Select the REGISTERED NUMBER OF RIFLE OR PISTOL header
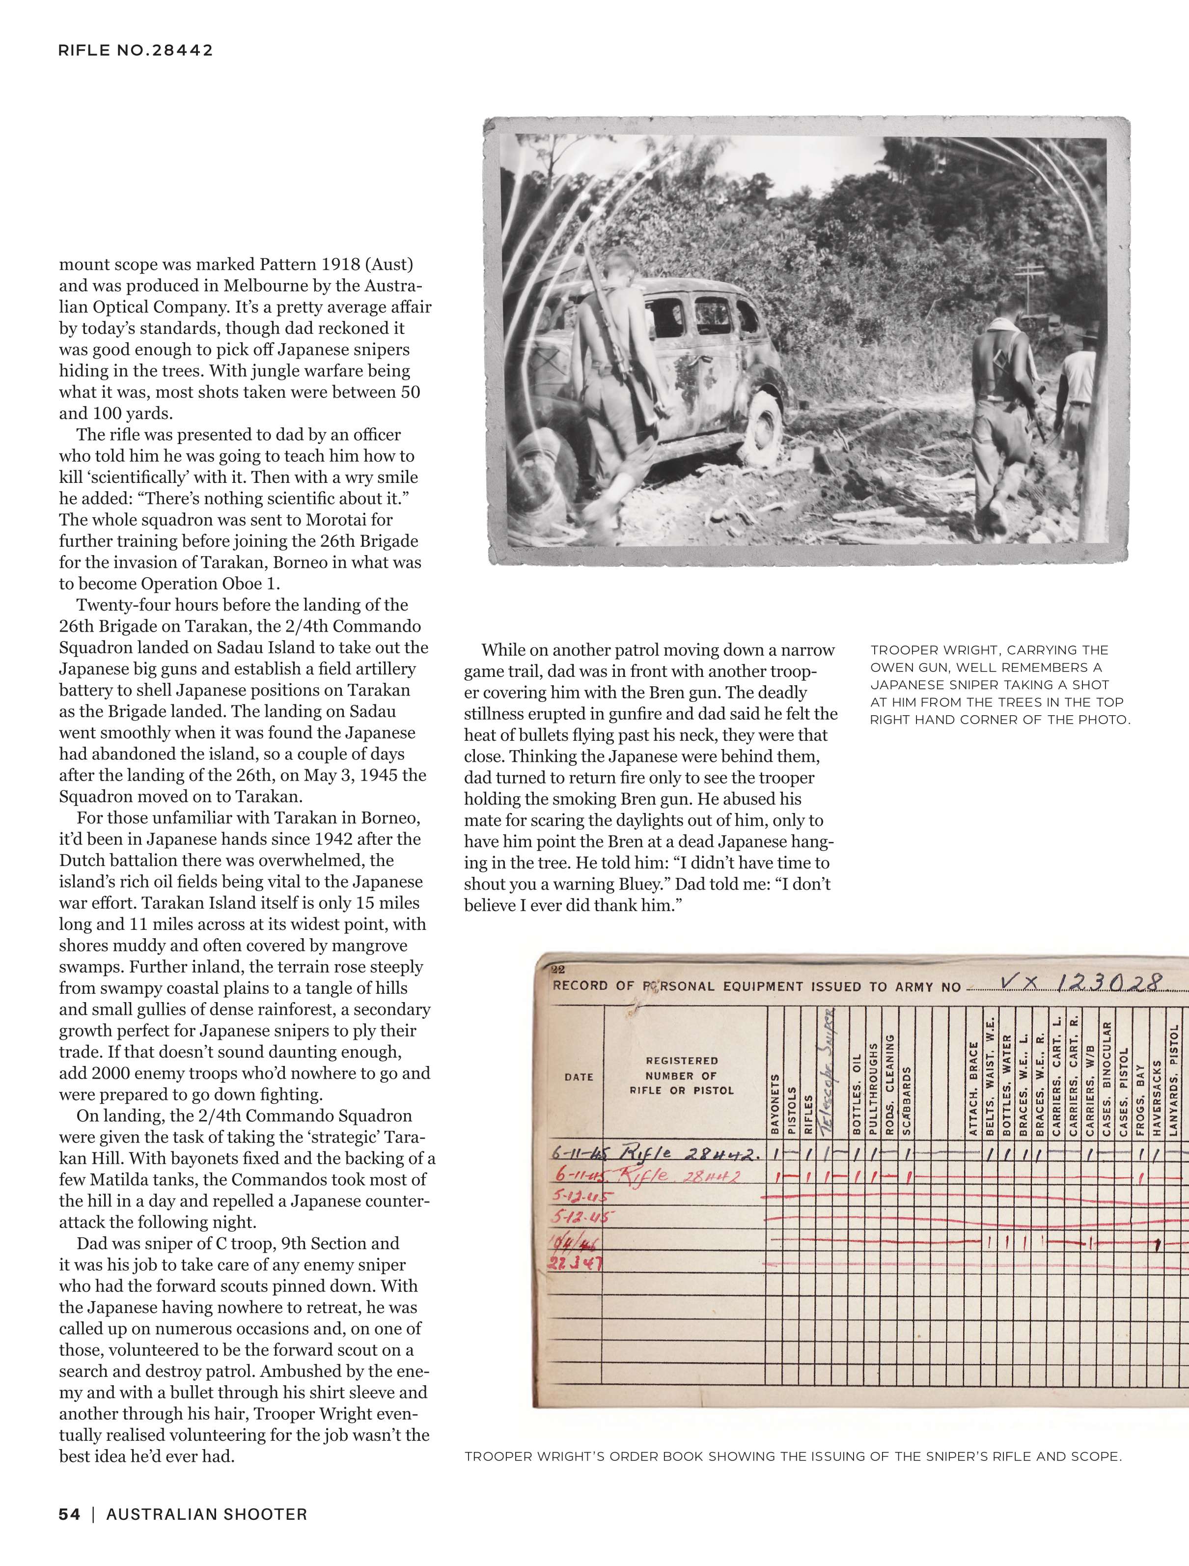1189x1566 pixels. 682,1075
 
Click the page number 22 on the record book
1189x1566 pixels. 558,969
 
